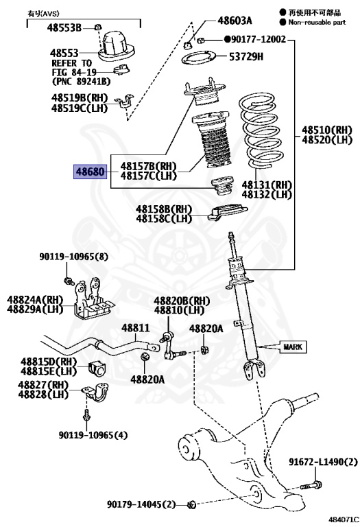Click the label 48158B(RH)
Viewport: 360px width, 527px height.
164,209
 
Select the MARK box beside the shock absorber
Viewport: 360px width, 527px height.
291,347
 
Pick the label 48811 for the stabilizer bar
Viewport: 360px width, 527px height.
135,328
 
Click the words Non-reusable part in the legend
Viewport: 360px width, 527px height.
319,21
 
